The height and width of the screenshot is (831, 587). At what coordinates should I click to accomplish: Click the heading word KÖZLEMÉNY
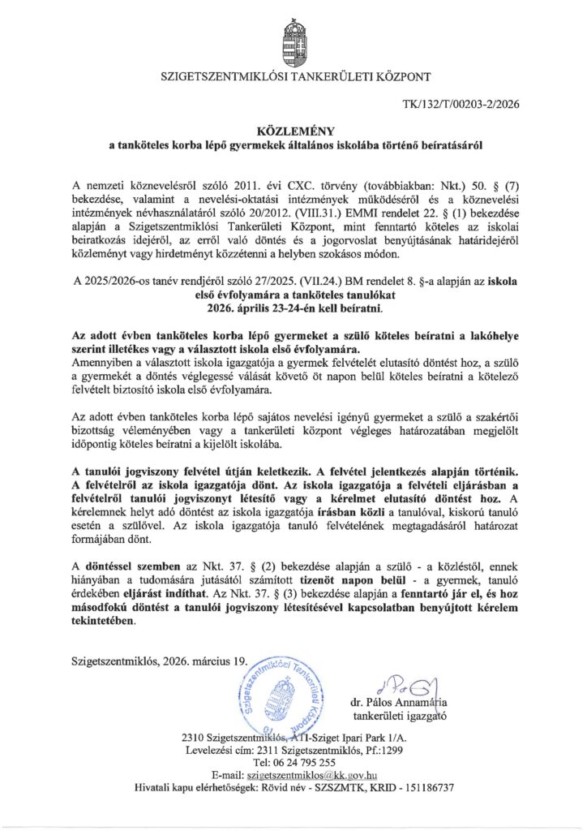(293, 130)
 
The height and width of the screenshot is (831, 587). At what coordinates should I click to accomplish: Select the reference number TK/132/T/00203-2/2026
(461, 104)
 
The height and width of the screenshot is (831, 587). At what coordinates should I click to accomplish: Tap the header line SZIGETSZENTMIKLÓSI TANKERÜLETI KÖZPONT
(293, 78)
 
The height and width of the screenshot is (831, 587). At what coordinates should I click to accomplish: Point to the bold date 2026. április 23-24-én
(293, 308)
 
